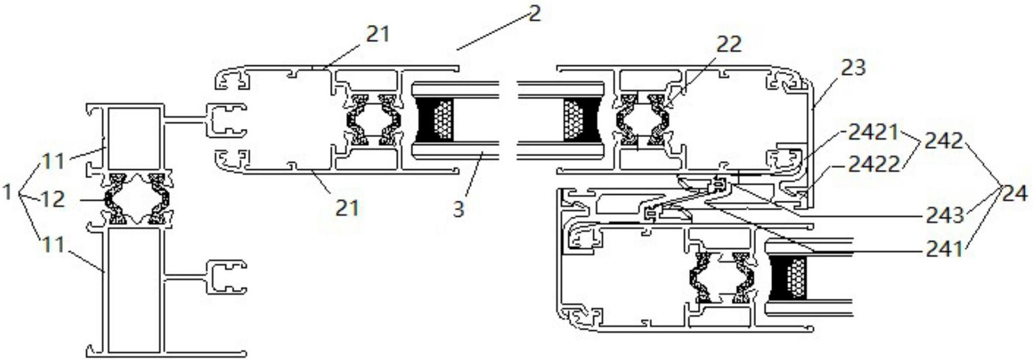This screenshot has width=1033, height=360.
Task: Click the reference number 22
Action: [x=729, y=44]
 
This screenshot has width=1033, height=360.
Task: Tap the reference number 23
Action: [x=853, y=68]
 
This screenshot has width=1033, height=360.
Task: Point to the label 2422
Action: [x=874, y=165]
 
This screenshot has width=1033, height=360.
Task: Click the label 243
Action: [x=945, y=215]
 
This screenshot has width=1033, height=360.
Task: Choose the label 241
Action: [x=945, y=249]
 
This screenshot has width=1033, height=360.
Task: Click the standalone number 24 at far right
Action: [x=1015, y=194]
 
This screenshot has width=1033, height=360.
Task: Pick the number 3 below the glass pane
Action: [x=458, y=209]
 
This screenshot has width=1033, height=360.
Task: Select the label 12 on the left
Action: [x=53, y=198]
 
